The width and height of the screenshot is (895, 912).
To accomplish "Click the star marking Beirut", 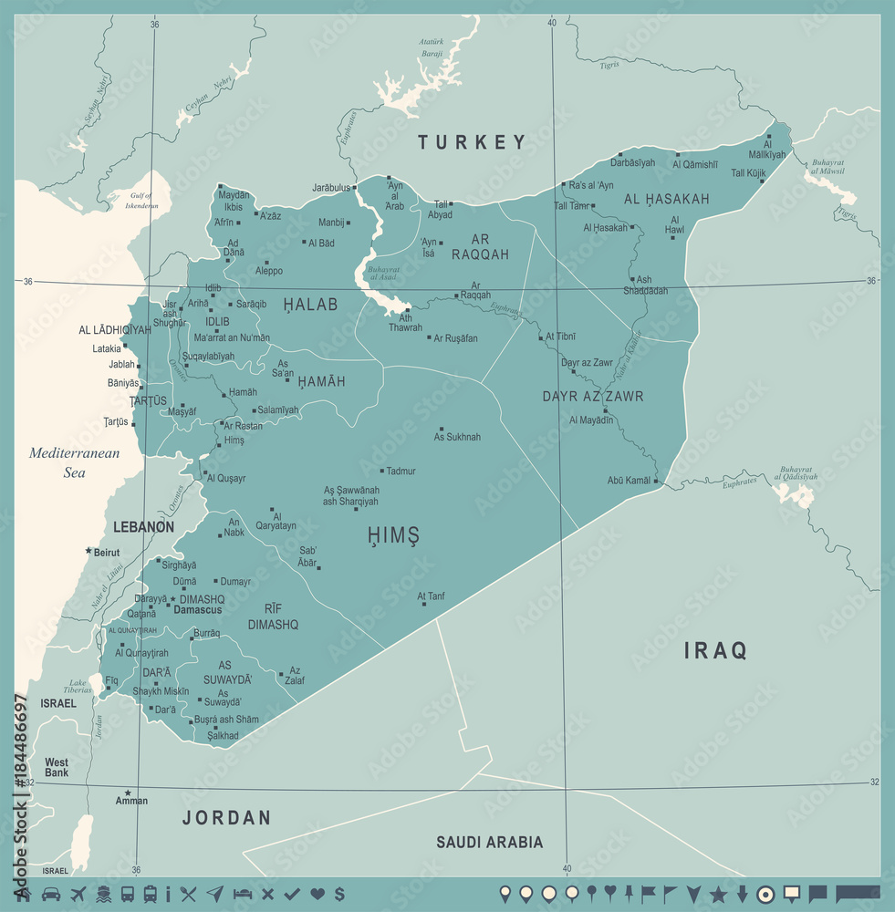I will point(88,551).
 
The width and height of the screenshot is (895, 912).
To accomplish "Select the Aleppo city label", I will point(269,271).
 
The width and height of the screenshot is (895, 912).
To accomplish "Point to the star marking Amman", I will point(128,793).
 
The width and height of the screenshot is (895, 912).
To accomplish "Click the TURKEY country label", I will point(473,141).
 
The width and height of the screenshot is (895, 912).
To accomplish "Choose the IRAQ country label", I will point(716,650).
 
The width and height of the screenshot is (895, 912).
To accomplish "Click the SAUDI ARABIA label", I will point(489,842).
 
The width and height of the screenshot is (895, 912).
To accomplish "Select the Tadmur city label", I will point(401,471).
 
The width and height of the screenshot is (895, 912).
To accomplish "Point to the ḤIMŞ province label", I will point(393,535).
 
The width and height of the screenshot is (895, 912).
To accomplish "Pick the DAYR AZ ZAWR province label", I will point(593,396).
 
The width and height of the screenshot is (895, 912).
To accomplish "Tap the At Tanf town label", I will point(432,596).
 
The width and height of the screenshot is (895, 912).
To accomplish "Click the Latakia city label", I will point(106,348).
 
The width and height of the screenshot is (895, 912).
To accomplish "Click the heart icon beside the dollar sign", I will point(317,894).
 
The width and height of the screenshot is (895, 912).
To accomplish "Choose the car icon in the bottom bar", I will point(51,894).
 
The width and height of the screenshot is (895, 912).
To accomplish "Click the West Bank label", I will point(57,768).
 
